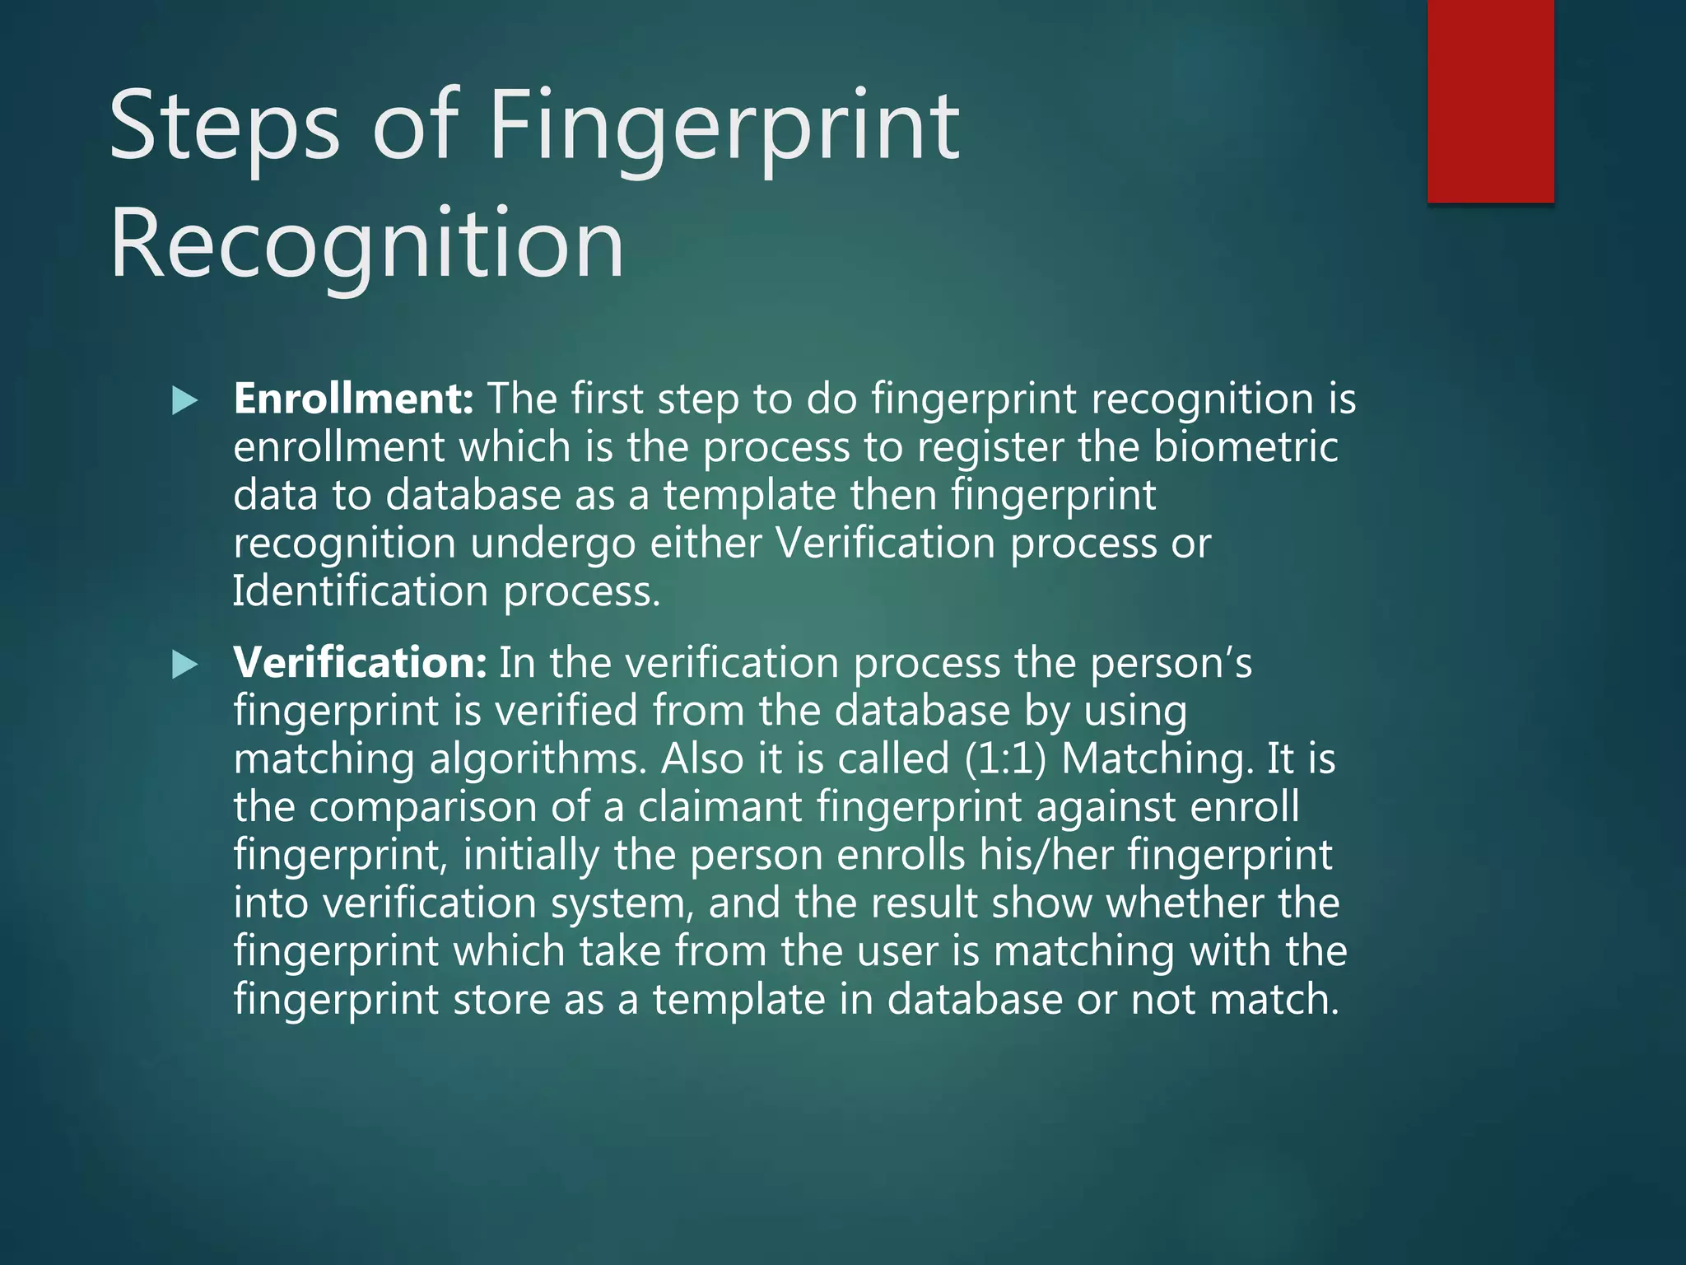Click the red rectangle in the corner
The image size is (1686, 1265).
pos(1490,100)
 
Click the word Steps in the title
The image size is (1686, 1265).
pos(224,126)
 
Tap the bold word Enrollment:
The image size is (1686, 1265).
pos(353,399)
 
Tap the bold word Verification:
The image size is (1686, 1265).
pos(360,662)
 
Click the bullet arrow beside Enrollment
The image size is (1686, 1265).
pos(185,402)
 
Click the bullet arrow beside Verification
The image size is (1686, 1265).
pos(185,665)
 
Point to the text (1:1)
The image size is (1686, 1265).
pos(1005,759)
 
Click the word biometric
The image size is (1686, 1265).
pos(1246,447)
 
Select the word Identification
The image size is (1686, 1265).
pos(361,591)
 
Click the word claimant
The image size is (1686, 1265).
pos(720,806)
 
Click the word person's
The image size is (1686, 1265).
pos(1171,662)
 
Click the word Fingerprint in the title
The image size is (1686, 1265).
pos(724,126)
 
